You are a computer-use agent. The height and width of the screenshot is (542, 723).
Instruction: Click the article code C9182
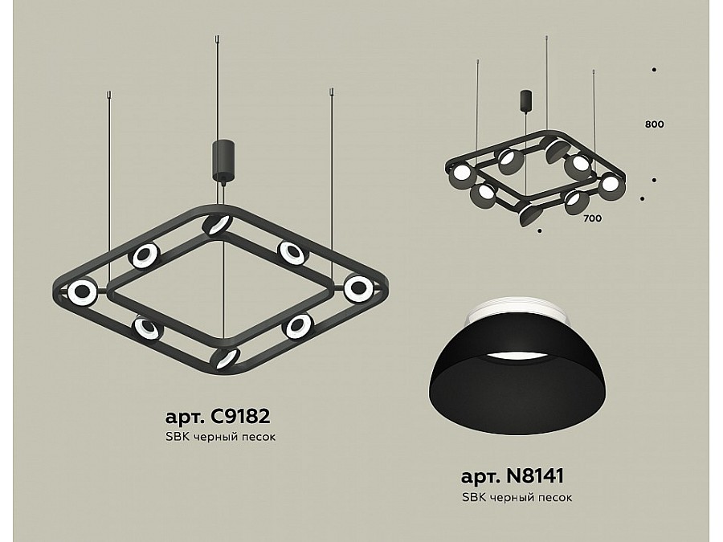(x=239, y=417)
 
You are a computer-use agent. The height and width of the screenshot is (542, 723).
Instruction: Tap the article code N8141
(x=535, y=476)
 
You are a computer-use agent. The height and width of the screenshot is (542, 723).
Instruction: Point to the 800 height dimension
(x=654, y=124)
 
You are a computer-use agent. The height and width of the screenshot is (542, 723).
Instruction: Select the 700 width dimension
(x=593, y=218)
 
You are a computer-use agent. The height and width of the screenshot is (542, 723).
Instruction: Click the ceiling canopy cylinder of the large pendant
(x=223, y=160)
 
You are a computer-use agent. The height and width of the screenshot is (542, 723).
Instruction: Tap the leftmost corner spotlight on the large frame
(x=82, y=291)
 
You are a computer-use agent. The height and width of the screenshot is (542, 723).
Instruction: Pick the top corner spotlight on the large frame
(x=217, y=225)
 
